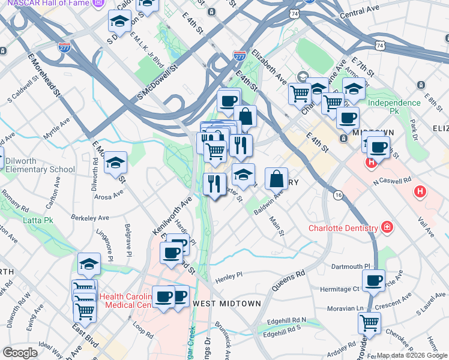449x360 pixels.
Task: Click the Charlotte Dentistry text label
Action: (x=343, y=228)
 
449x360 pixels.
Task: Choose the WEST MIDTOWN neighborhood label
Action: (x=226, y=304)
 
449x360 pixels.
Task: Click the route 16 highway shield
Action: (x=339, y=195)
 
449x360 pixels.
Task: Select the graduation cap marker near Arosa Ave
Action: (x=115, y=163)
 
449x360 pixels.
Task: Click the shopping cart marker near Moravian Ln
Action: (x=369, y=322)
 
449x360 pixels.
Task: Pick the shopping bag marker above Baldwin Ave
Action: (x=276, y=178)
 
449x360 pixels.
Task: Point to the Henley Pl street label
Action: (x=229, y=275)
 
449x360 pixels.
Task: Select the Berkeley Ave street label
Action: (x=89, y=217)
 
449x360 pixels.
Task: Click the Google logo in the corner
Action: (x=20, y=353)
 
